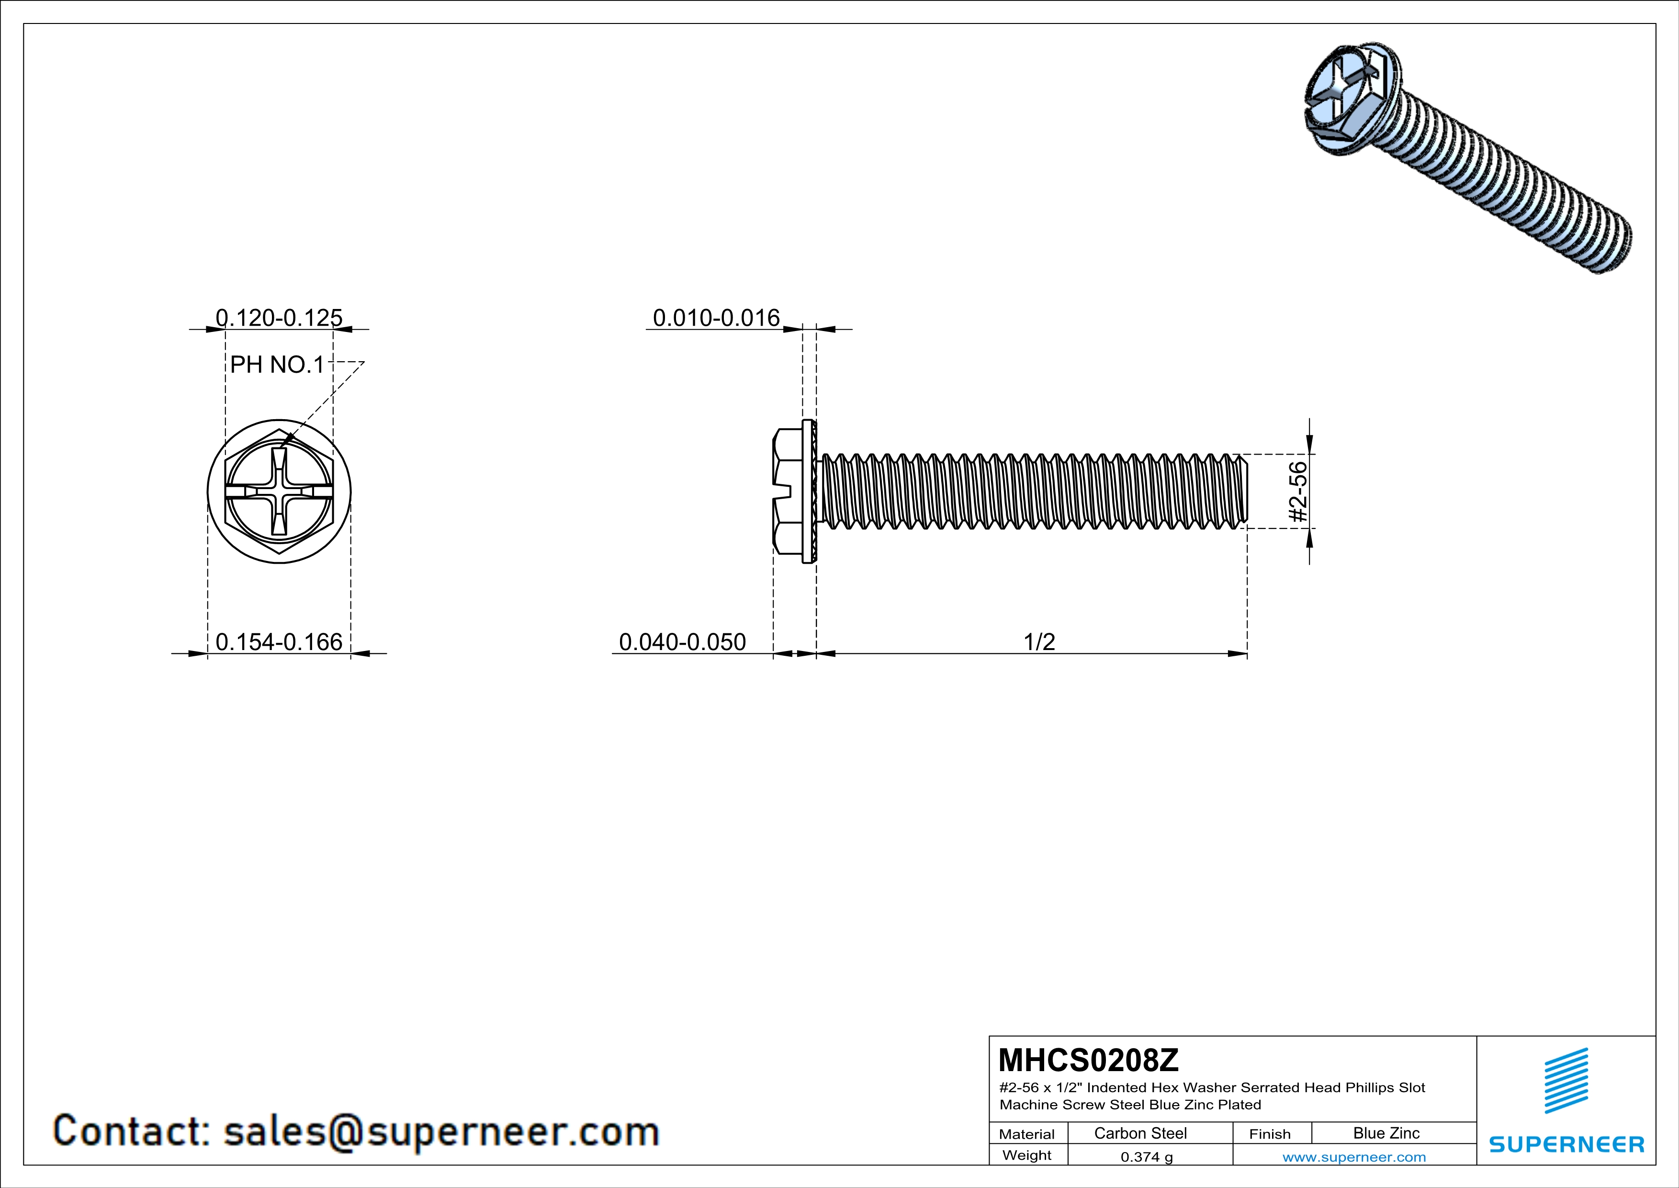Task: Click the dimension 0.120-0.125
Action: [279, 318]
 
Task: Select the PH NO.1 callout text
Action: [276, 364]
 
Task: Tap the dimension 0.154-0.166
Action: [279, 641]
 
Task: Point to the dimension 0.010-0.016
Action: [716, 318]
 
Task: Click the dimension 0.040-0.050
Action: [682, 641]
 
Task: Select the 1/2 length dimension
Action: [1039, 641]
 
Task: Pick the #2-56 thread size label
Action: [1297, 491]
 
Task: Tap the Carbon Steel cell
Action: [1140, 1133]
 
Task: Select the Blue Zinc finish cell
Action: [1386, 1133]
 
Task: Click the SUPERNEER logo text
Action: [1566, 1144]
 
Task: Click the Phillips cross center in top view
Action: [279, 491]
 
